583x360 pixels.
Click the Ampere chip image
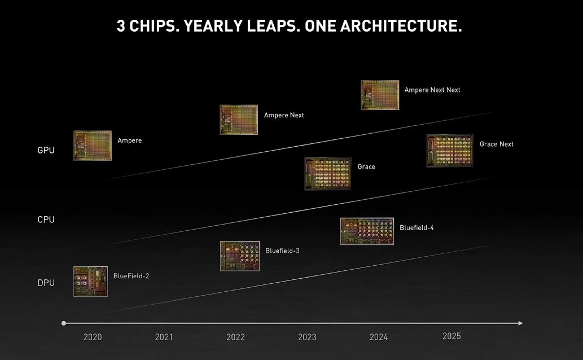(x=93, y=146)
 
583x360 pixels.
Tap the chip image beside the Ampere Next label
(x=239, y=120)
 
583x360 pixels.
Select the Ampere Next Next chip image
(x=380, y=95)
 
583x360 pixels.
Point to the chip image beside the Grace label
(x=328, y=173)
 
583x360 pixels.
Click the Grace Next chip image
(x=450, y=151)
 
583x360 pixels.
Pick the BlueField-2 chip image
(x=90, y=281)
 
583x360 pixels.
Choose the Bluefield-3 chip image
(x=240, y=256)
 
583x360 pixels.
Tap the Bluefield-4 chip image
(x=367, y=231)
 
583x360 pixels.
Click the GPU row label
(x=46, y=150)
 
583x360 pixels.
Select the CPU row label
(x=46, y=219)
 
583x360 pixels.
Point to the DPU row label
(x=46, y=283)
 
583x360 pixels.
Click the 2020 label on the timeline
(x=93, y=337)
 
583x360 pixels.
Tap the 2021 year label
(x=164, y=337)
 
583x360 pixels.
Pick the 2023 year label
(x=307, y=337)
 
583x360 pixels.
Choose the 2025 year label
(x=452, y=336)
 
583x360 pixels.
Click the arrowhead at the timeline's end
(x=520, y=323)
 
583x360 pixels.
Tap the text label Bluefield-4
(x=417, y=228)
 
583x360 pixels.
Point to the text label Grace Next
(x=497, y=144)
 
